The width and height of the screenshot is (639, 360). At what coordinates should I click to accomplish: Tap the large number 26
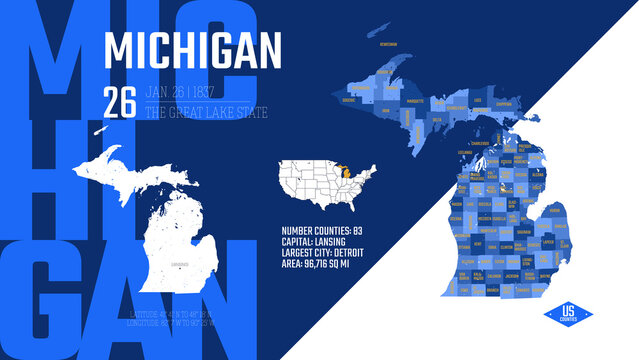pyautogui.click(x=121, y=100)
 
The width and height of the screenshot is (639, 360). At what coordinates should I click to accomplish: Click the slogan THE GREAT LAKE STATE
pyautogui.click(x=206, y=112)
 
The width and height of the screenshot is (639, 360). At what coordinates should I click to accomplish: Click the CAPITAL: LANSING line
pyautogui.click(x=319, y=241)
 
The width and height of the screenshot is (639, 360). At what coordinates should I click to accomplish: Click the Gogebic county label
pyautogui.click(x=349, y=100)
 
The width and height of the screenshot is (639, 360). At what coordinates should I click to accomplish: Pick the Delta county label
pyautogui.click(x=437, y=117)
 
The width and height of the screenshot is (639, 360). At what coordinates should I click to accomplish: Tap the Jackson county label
pyautogui.click(x=511, y=274)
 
